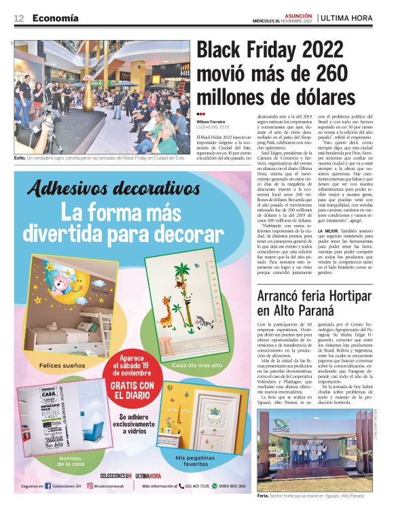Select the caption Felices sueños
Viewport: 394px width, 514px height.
point(62,366)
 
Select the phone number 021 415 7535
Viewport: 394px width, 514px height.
point(196,486)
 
